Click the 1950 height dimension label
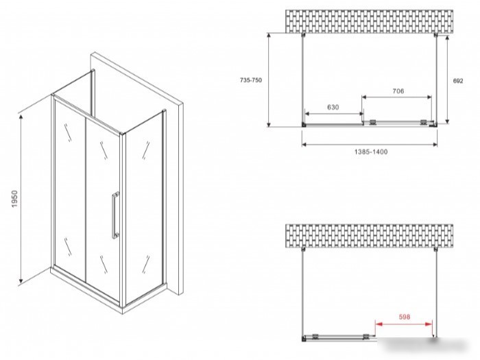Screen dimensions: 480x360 coord(15,199)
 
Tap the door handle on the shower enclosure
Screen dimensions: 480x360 coord(115,215)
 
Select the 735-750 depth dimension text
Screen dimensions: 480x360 coord(251,80)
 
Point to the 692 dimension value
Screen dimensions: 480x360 coord(458,81)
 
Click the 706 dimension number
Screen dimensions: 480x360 coord(398,91)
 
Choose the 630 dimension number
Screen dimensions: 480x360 coord(333,107)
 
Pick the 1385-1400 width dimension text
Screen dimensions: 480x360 coord(371,152)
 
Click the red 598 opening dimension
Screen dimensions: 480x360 coord(404,317)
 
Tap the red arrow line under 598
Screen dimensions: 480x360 coord(404,324)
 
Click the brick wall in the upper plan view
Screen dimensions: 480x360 coord(369,21)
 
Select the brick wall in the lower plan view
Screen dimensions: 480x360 coord(369,236)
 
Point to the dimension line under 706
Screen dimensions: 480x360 coord(397,97)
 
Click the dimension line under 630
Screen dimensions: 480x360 coord(334,114)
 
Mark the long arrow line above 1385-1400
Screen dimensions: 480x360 coord(370,145)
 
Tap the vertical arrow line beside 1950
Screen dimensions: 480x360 coord(21,199)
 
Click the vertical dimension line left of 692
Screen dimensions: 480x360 coord(447,80)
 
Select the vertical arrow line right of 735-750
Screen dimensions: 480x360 coord(269,80)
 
